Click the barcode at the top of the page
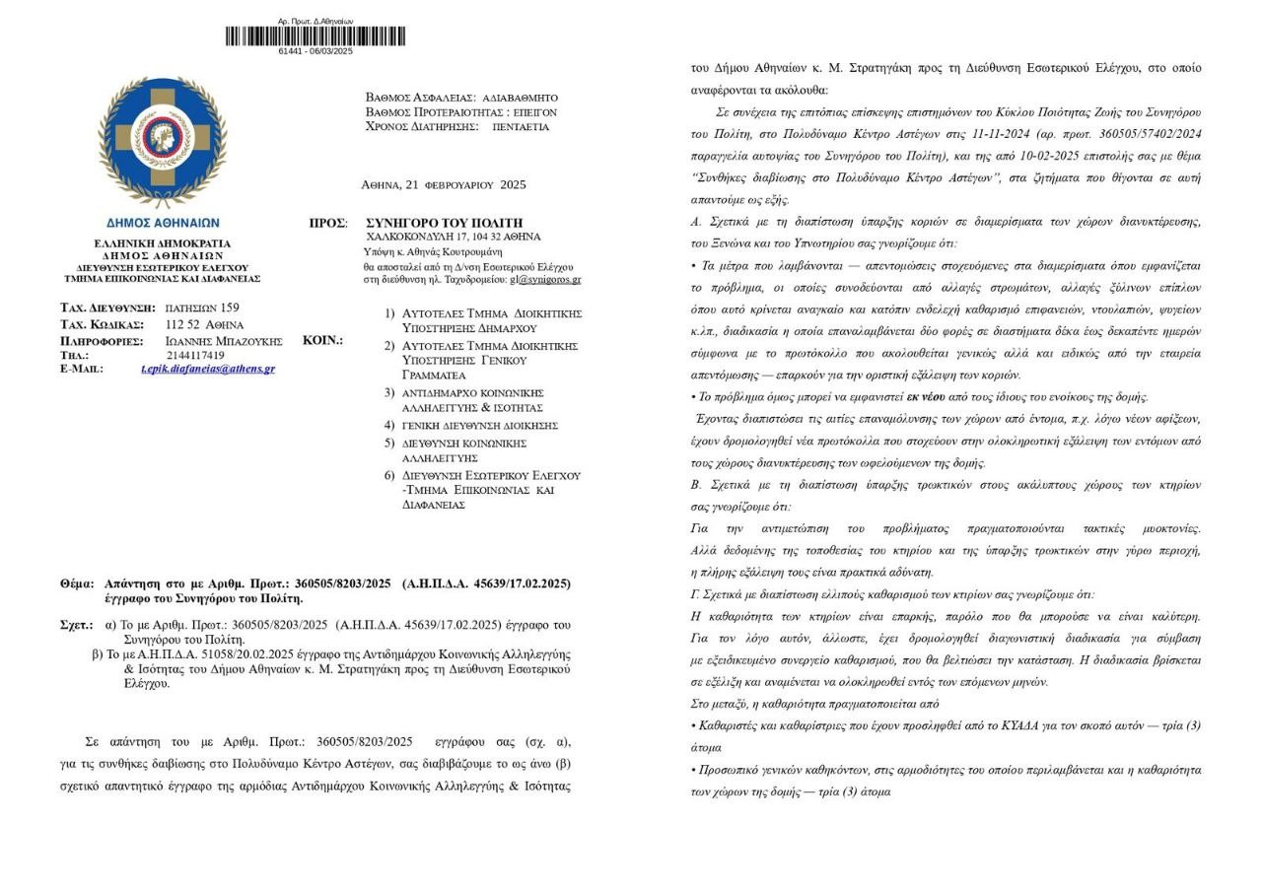point(315,35)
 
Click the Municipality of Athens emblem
point(163,142)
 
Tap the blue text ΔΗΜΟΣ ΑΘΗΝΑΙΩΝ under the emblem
point(163,223)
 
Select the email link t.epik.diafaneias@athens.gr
point(207,369)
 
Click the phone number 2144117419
point(195,355)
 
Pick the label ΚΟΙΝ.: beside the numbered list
point(322,340)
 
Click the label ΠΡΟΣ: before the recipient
point(327,224)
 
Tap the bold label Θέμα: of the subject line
point(78,583)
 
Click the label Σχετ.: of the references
point(77,625)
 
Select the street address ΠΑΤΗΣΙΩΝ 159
point(201,309)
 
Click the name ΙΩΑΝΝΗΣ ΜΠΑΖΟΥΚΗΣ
point(224,341)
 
